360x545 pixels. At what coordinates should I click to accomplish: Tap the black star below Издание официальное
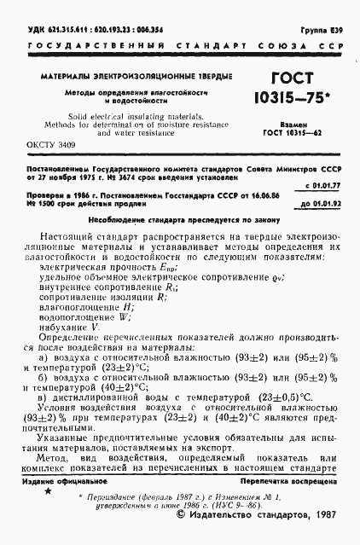(x=48, y=491)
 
